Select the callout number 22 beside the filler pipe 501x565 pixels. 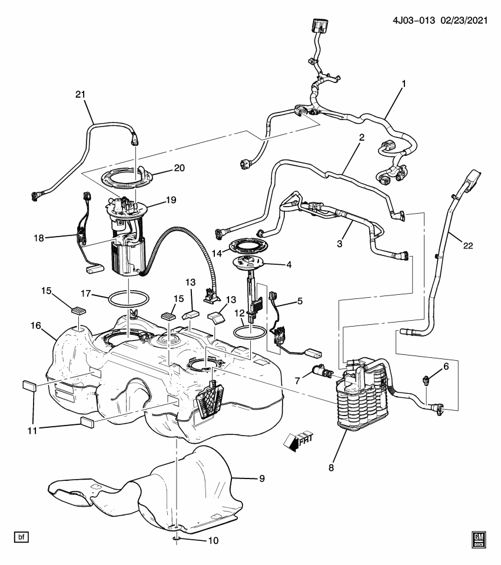[x=468, y=245]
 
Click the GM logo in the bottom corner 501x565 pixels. [x=478, y=539]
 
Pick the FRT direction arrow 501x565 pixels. [x=296, y=440]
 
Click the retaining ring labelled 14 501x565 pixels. [x=244, y=247]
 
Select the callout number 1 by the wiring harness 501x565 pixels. [x=404, y=85]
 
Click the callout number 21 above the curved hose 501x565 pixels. [x=80, y=95]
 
